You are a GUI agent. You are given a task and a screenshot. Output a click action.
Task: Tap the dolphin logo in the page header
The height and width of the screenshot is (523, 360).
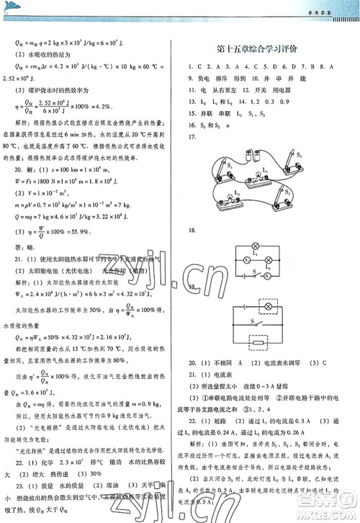15,8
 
